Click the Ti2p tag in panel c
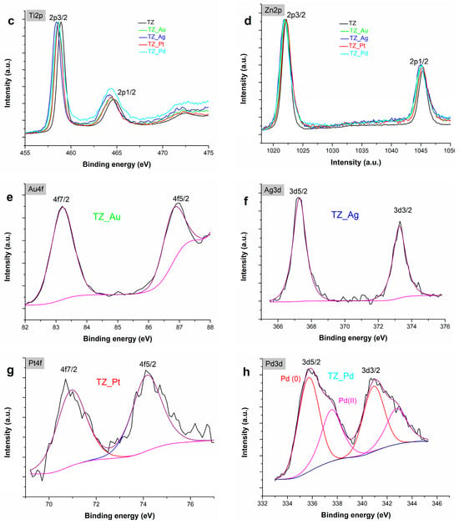pos(35,15)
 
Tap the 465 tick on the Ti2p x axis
pos(117,153)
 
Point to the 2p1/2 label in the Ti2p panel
pos(126,93)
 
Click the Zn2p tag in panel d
pos(273,10)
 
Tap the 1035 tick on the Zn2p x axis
pos(361,150)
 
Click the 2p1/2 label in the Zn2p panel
pos(419,62)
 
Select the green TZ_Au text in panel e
pos(107,217)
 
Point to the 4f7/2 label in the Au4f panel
pos(61,199)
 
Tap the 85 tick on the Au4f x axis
pos(118,327)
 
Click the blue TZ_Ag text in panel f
pos(345,215)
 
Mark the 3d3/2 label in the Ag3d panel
pos(402,210)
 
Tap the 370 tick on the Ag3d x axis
pos(345,326)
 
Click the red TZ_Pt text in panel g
pos(108,382)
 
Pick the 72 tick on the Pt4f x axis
pos(96,504)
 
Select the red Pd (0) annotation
pos(290,379)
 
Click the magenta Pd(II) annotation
pos(347,401)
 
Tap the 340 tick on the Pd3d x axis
pos(362,503)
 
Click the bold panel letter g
pos(10,371)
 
